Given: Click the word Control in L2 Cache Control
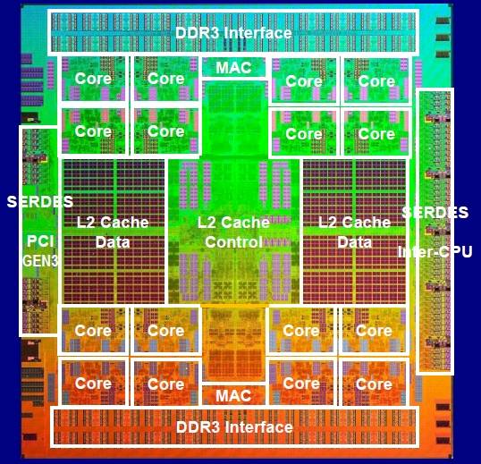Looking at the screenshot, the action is click(233, 242).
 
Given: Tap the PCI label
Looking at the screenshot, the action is click(40, 241).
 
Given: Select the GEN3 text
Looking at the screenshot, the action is click(40, 261).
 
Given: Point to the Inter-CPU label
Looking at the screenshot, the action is click(435, 252).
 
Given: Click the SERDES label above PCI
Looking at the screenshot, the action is click(40, 201).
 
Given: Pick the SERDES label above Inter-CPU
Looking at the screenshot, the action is click(435, 212).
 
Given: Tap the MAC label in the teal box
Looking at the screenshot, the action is click(233, 68).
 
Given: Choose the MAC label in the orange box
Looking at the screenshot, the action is click(233, 396).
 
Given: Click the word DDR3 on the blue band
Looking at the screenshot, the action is click(197, 33).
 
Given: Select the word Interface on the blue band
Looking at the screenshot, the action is click(257, 33).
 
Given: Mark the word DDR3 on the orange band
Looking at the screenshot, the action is click(198, 427).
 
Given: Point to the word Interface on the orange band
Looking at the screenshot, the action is click(258, 427).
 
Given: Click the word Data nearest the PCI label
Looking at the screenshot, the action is click(113, 242).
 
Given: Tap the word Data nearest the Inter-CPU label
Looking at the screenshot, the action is click(355, 242).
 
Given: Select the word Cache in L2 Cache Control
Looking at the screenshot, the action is click(245, 222).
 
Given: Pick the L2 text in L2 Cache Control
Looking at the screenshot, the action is click(207, 222).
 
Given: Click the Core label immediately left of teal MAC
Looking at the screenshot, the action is click(165, 79).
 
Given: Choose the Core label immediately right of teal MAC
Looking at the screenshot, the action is click(304, 81).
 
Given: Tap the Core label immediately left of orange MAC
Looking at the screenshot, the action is click(165, 384).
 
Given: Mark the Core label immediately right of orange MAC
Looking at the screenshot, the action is click(301, 384).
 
